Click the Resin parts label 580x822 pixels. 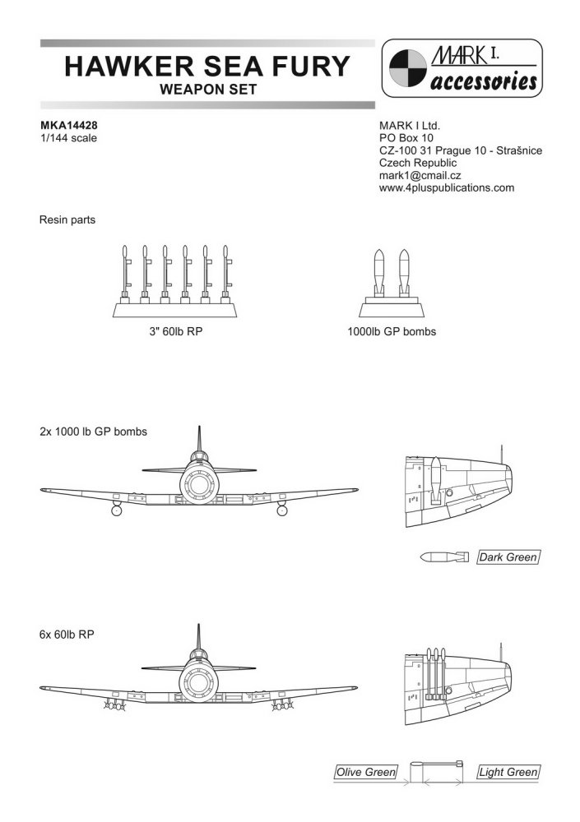(67, 220)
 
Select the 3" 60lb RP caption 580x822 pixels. (170, 335)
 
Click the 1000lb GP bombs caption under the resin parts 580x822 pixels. (392, 335)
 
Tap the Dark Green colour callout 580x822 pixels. (508, 558)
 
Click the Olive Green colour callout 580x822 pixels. (366, 773)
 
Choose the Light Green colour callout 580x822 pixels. (508, 773)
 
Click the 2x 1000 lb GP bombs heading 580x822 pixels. (93, 432)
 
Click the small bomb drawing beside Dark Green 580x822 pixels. (443, 558)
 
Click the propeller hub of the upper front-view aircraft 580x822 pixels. (201, 482)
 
